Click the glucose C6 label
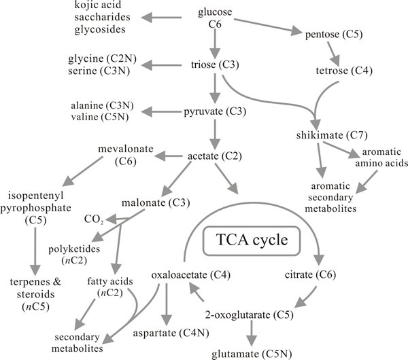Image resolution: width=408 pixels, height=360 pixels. pyautogui.click(x=214, y=18)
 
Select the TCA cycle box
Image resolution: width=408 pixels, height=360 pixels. pyautogui.click(x=246, y=242)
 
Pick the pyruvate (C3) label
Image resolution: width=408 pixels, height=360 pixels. pyautogui.click(x=214, y=111)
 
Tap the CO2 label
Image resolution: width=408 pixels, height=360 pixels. pyautogui.click(x=93, y=220)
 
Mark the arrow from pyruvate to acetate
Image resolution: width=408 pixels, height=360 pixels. pyautogui.click(x=215, y=134)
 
